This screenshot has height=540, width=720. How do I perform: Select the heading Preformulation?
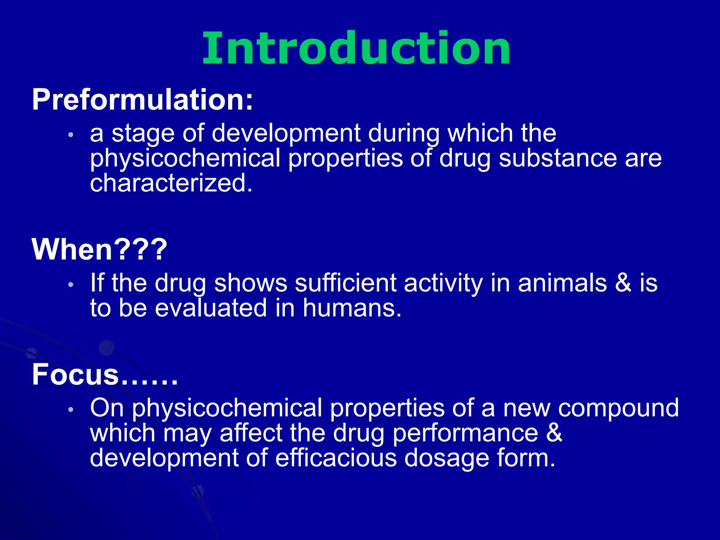click(x=142, y=100)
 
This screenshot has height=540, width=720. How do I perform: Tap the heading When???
click(x=99, y=249)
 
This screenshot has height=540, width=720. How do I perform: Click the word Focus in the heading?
click(x=76, y=374)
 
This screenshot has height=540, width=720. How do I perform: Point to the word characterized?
click(x=171, y=184)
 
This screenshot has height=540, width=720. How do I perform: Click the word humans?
click(x=352, y=308)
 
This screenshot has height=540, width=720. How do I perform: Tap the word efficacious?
click(x=336, y=458)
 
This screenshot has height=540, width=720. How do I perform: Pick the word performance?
click(x=465, y=433)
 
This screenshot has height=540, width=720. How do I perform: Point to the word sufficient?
click(x=346, y=283)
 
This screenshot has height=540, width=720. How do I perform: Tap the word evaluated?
click(x=211, y=308)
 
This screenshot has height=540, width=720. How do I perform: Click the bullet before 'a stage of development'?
click(x=71, y=135)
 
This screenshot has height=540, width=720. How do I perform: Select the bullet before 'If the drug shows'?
click(x=71, y=284)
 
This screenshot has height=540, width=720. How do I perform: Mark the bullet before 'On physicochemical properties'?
click(x=71, y=409)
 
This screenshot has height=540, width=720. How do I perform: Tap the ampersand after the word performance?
click(x=554, y=433)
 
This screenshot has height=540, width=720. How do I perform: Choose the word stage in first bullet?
click(x=143, y=134)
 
